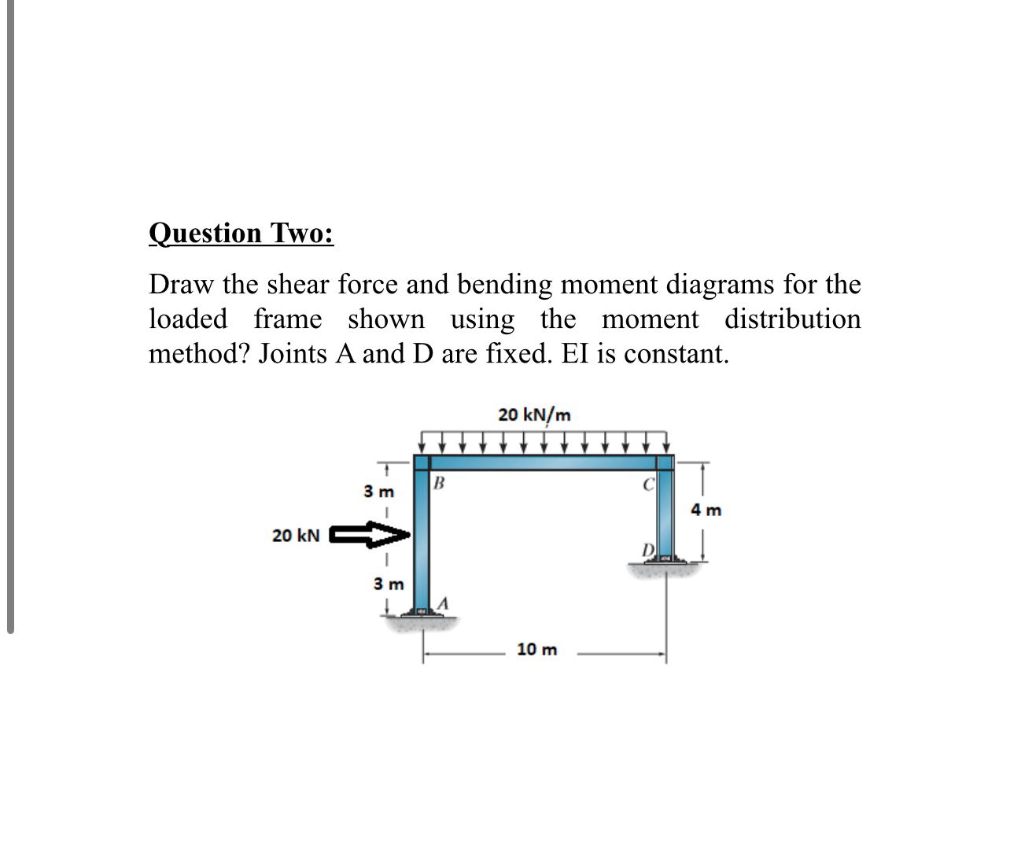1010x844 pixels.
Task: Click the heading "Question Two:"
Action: [x=241, y=233]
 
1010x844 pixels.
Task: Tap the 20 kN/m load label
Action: [x=535, y=414]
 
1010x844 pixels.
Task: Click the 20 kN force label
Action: [x=296, y=536]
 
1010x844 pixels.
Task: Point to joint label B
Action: [x=440, y=481]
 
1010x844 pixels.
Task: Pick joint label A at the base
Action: [x=443, y=603]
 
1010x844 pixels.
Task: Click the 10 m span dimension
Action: [x=537, y=650]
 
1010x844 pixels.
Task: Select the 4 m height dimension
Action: [x=706, y=510]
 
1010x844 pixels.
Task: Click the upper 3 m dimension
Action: [x=378, y=492]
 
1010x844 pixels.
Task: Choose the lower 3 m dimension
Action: [x=388, y=584]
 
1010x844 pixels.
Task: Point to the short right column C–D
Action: [x=665, y=511]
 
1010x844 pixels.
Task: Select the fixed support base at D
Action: [x=665, y=558]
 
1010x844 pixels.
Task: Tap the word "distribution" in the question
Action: [x=792, y=319]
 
